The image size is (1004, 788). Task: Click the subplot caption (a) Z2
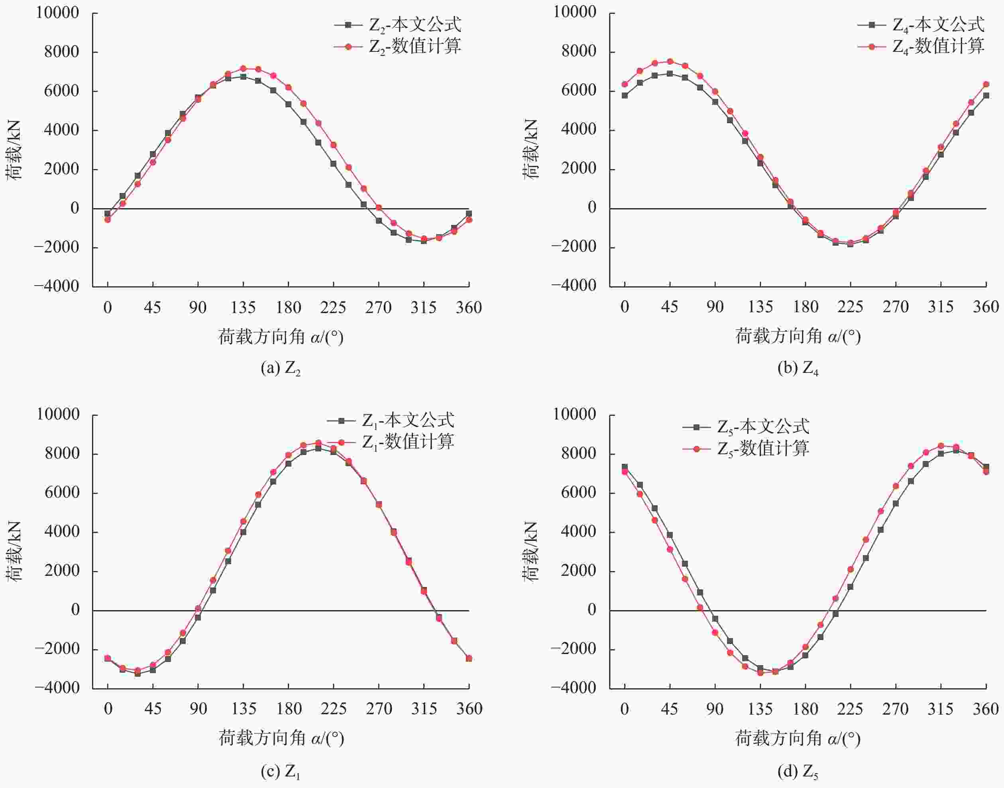[x=281, y=368]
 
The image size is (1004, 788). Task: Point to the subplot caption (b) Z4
[x=798, y=368]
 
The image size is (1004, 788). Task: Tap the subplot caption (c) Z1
[x=281, y=771]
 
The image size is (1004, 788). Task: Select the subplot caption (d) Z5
[x=798, y=771]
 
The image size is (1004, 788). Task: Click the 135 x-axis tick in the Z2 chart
[x=243, y=308]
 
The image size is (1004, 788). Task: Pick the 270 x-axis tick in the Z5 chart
[x=896, y=709]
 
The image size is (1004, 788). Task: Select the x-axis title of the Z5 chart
[x=798, y=739]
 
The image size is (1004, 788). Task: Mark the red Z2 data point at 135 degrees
[x=243, y=69]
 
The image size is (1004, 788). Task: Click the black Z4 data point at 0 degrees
[x=625, y=95]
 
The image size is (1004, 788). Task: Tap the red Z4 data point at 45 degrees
[x=670, y=61]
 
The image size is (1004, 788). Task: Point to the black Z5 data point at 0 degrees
[x=625, y=467]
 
